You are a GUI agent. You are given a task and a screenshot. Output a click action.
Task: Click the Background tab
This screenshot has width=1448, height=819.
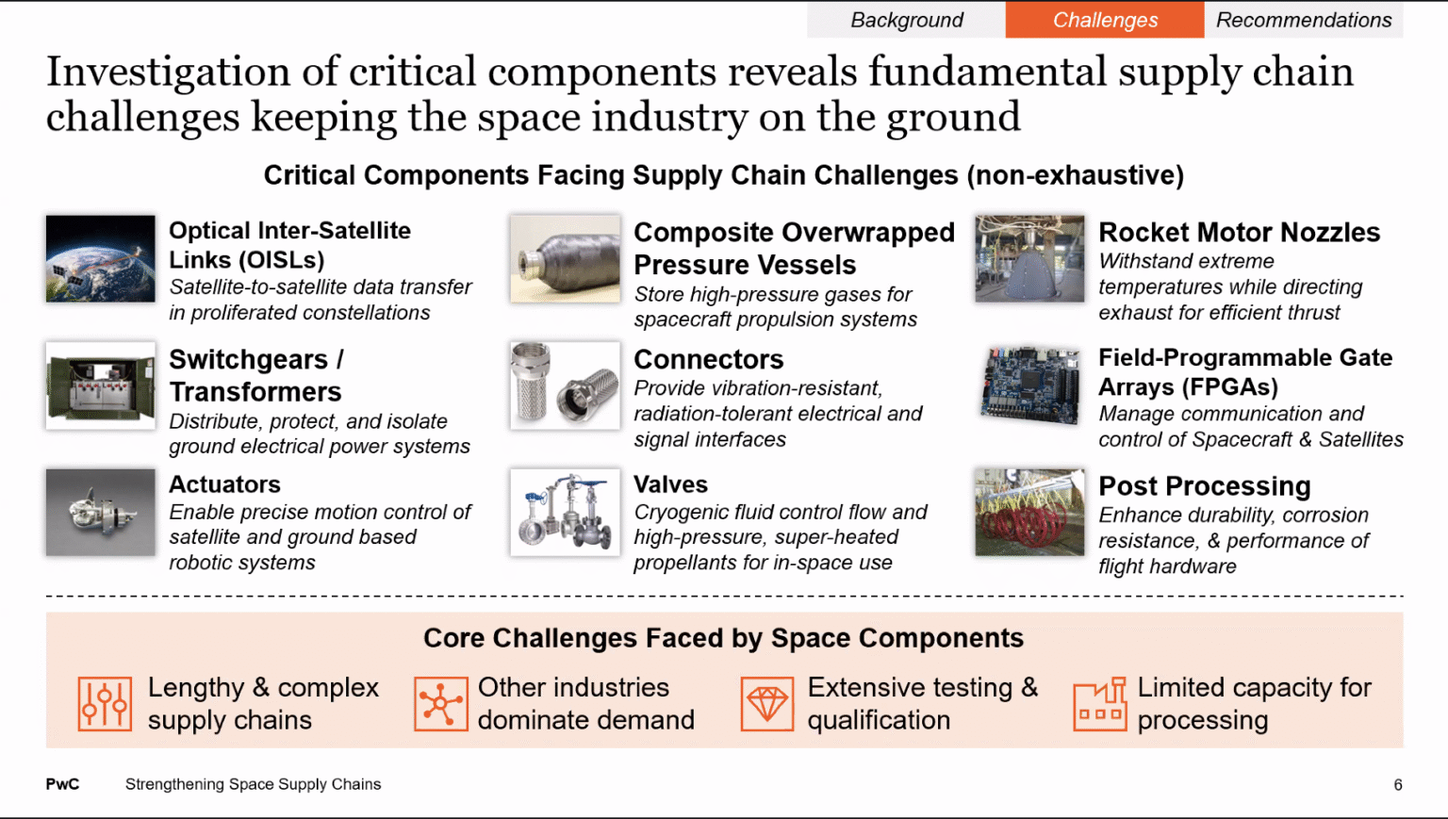point(906,20)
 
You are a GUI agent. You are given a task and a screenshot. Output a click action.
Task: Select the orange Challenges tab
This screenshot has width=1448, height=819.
point(1105,20)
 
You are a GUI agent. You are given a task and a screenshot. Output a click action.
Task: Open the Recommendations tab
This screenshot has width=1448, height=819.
point(1304,20)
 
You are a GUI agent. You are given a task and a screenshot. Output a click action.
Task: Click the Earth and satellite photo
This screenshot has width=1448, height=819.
point(101,258)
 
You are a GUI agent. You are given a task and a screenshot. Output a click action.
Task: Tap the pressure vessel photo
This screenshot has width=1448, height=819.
point(565,258)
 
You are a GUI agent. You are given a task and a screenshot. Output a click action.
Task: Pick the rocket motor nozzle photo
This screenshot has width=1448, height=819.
point(1029,258)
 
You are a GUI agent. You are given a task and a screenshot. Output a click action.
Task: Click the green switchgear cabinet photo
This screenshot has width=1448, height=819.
point(101,385)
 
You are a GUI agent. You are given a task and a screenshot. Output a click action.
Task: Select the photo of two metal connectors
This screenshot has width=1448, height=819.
point(565,385)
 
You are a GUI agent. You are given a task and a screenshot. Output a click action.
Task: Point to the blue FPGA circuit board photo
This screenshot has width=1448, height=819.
point(1029,385)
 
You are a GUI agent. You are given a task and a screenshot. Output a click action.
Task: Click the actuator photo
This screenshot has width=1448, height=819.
point(101,512)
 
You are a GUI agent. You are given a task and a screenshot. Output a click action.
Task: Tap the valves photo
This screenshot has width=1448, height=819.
point(565,512)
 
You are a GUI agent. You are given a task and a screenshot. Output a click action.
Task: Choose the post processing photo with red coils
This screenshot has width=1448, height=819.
point(1029,512)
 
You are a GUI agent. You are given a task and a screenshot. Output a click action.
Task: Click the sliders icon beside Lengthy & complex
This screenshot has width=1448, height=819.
point(105,704)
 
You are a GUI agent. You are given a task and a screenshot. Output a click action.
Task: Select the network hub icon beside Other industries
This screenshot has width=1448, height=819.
point(441,704)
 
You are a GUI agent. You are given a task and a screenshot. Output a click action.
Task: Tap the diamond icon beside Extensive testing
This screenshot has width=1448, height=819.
point(767,704)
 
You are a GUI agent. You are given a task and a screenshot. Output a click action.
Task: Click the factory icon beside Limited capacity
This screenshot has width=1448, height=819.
point(1100,704)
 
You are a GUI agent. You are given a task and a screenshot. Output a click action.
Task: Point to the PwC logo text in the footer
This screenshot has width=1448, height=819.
point(63,784)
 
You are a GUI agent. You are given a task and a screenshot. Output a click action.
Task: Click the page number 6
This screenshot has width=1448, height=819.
point(1398,785)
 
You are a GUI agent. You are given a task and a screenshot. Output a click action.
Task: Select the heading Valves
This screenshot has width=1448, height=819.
point(670,484)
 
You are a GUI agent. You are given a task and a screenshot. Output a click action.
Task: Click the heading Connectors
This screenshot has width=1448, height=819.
point(709,359)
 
